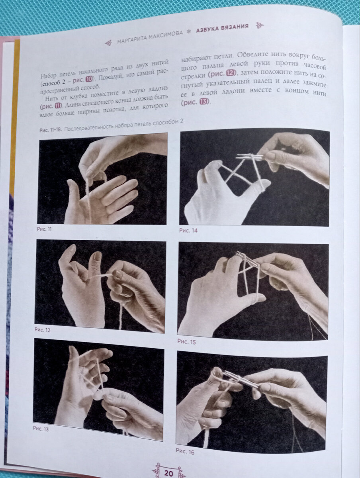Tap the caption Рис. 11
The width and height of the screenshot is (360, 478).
pyautogui.click(x=44, y=229)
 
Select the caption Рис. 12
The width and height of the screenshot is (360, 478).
pyautogui.click(x=42, y=330)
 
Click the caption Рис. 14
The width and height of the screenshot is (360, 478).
pyautogui.click(x=188, y=230)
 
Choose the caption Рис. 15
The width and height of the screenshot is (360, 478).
pyautogui.click(x=186, y=342)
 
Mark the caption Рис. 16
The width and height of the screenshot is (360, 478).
pyautogui.click(x=185, y=452)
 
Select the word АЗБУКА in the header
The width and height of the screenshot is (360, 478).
pyautogui.click(x=207, y=30)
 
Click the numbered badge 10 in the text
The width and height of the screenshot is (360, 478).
pyautogui.click(x=90, y=80)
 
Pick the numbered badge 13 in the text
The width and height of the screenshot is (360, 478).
pyautogui.click(x=203, y=102)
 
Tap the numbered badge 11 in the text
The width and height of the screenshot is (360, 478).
pyautogui.click(x=57, y=106)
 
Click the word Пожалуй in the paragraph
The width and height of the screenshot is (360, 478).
pyautogui.click(x=109, y=78)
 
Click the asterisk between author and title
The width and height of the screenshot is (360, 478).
pyautogui.click(x=188, y=31)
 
